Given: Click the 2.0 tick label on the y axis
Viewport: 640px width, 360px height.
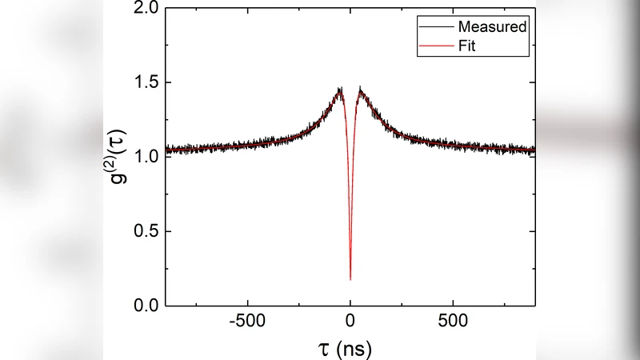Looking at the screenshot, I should point(145,9).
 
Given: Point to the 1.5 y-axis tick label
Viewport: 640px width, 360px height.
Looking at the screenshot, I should point(145,82).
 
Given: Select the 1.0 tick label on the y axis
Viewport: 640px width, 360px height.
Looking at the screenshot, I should point(145,157).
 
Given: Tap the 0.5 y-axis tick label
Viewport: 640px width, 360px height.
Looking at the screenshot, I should point(145,231).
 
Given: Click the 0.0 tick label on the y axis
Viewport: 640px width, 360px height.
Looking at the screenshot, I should point(145,306).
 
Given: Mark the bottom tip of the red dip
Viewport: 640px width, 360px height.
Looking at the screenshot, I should point(350,280).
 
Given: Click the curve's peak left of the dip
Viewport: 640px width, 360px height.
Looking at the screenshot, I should point(340,90).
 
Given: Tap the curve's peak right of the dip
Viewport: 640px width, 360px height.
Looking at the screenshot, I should point(360,90).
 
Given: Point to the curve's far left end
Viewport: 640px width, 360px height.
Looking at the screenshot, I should point(166,150).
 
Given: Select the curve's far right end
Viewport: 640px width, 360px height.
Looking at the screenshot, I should point(534,150).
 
